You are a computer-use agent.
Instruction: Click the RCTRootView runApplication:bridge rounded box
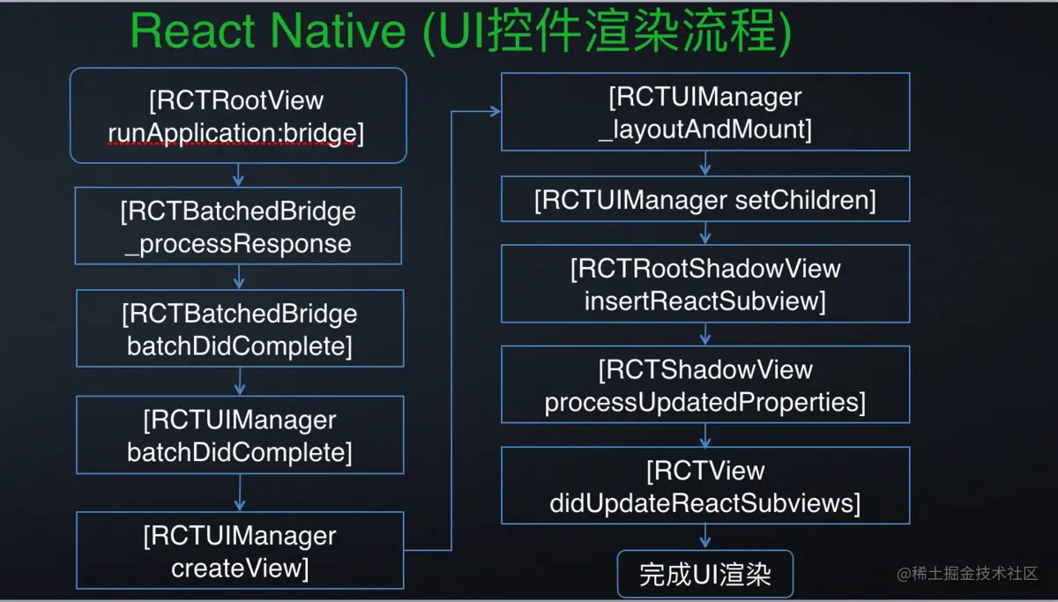[238, 115]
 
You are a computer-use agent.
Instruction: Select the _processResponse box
[238, 227]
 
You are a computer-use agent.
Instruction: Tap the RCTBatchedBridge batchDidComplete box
[240, 329]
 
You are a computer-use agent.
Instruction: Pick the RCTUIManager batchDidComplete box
[240, 435]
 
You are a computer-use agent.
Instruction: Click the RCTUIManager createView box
[240, 551]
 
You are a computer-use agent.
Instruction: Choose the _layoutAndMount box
[705, 112]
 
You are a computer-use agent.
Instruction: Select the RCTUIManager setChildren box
[705, 200]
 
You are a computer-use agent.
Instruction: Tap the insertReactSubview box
[705, 284]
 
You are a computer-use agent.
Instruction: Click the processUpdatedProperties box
[705, 384]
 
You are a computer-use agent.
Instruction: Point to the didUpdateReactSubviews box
[705, 486]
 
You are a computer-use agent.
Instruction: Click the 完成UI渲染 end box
[704, 575]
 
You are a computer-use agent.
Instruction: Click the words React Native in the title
[267, 33]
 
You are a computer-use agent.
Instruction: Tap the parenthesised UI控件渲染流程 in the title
[607, 33]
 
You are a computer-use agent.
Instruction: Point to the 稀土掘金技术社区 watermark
[968, 574]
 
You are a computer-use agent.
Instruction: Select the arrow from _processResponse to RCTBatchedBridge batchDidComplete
[239, 277]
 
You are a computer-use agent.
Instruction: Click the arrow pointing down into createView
[240, 493]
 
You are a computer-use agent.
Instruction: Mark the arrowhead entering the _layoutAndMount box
[494, 112]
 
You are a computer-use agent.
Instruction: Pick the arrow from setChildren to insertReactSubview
[705, 233]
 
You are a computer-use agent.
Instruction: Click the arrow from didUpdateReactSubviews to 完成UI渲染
[705, 536]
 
